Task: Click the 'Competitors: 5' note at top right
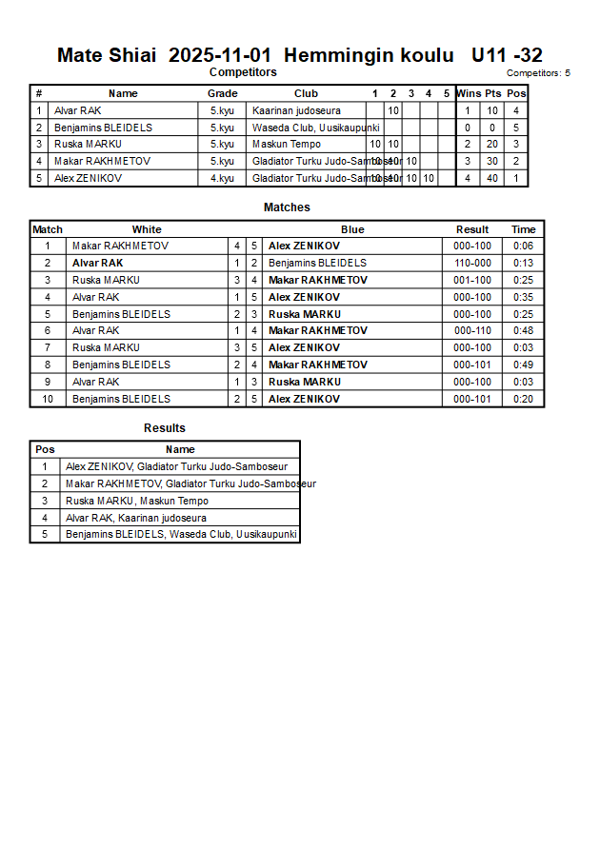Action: pos(538,73)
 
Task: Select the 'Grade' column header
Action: pos(222,93)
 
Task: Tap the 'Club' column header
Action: pos(306,93)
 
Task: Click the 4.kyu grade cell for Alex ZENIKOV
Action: pos(222,178)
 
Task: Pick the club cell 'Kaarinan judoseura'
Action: pos(296,110)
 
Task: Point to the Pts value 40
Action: pos(492,178)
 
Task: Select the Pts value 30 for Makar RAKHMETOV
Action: pos(492,161)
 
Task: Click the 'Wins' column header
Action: pos(468,93)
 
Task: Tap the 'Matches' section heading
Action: pos(287,207)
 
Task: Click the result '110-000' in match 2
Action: pos(472,263)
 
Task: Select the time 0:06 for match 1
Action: pos(523,246)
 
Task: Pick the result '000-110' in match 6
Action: pos(472,330)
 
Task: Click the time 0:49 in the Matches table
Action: pos(523,365)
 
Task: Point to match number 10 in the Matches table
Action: pos(48,399)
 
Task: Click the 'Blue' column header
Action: pos(352,229)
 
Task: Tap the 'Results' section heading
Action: pos(165,428)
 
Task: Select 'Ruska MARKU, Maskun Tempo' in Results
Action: pos(137,501)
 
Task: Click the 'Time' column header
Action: pos(523,229)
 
